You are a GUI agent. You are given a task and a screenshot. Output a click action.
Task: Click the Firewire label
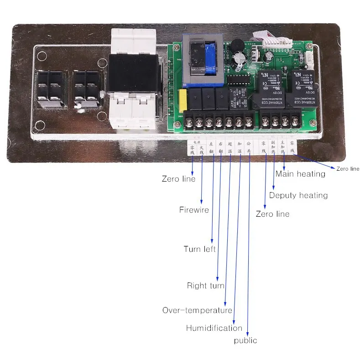[x=194, y=210]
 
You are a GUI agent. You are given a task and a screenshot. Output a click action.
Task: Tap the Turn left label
[x=199, y=249]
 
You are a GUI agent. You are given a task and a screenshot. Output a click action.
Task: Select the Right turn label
[x=205, y=286]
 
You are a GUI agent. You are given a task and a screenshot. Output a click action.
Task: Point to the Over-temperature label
[x=197, y=310]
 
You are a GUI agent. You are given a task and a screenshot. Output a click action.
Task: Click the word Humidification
[x=214, y=328]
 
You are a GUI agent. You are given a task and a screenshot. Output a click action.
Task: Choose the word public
[x=245, y=340]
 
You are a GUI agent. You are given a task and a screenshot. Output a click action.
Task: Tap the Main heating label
[x=300, y=174]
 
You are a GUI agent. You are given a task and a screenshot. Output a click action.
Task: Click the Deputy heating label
[x=298, y=195]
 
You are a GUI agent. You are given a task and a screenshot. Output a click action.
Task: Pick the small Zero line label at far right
[x=348, y=169]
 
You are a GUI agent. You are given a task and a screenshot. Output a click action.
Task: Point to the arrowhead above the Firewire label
[x=202, y=201]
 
